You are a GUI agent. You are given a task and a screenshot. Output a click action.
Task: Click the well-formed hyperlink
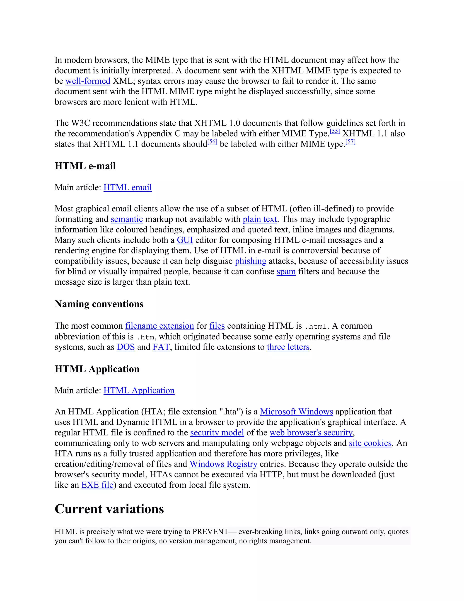(88, 81)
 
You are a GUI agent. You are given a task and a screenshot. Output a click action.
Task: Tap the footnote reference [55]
(335, 131)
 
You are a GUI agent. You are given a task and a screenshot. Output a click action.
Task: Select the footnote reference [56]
(212, 142)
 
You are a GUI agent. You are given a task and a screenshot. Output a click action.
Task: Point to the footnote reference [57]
(350, 142)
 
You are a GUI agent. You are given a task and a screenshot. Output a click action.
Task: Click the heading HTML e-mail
(85, 166)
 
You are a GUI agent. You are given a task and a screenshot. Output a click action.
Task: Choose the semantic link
(127, 219)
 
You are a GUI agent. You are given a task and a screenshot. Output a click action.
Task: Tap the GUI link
(185, 240)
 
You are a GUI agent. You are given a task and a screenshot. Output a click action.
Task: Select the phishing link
(250, 261)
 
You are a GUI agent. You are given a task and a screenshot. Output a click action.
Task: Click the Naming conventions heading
(99, 304)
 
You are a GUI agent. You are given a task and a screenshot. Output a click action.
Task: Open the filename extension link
(159, 326)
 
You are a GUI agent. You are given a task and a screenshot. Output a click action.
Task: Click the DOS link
(126, 347)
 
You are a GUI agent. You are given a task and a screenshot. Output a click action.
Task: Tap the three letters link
(288, 347)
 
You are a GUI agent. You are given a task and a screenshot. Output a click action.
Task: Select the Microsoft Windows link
(296, 412)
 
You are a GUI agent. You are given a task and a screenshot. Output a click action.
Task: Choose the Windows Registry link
(223, 464)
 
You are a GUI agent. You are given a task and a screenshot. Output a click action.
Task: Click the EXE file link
(97, 485)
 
